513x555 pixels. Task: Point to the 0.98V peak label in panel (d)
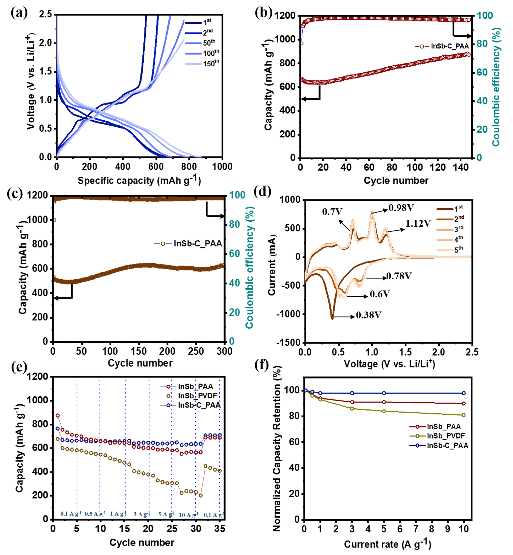pos(401,208)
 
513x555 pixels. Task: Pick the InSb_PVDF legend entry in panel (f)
pos(446,436)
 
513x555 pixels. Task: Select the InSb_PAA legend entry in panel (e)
pos(195,386)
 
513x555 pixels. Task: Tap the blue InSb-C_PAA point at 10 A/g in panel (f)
pos(463,393)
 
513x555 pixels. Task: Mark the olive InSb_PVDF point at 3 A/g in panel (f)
pos(352,408)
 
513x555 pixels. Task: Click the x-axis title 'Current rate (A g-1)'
pos(387,544)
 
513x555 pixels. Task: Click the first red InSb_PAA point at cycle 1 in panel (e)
pos(58,415)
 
